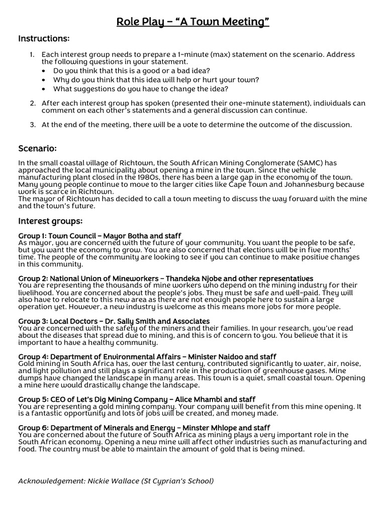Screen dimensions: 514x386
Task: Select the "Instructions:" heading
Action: [44, 39]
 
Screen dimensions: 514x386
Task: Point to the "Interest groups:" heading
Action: [50, 221]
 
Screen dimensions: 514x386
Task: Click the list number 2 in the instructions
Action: [32, 103]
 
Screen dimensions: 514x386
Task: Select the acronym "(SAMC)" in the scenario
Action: [313, 163]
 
